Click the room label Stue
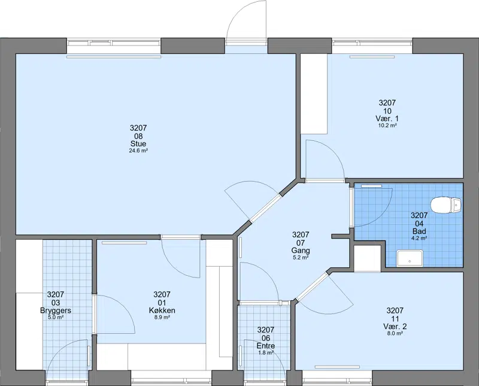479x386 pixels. click(x=138, y=144)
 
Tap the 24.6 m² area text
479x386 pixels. click(x=138, y=150)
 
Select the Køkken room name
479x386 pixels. click(x=162, y=310)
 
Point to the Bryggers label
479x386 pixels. click(x=56, y=310)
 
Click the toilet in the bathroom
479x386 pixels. click(x=445, y=205)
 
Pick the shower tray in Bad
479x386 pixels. click(x=410, y=258)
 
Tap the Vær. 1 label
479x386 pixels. click(x=387, y=119)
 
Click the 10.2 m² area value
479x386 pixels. click(x=387, y=125)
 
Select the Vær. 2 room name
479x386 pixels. click(x=395, y=327)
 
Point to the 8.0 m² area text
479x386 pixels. click(x=395, y=333)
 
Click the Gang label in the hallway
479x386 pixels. click(x=301, y=251)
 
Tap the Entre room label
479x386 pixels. click(x=265, y=346)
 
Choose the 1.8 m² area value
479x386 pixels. click(x=265, y=352)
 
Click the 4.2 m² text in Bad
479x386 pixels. click(x=419, y=238)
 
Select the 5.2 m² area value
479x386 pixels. click(x=301, y=258)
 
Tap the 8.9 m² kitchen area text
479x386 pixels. click(x=162, y=318)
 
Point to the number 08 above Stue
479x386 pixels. click(x=138, y=136)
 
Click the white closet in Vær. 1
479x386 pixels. click(x=314, y=94)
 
